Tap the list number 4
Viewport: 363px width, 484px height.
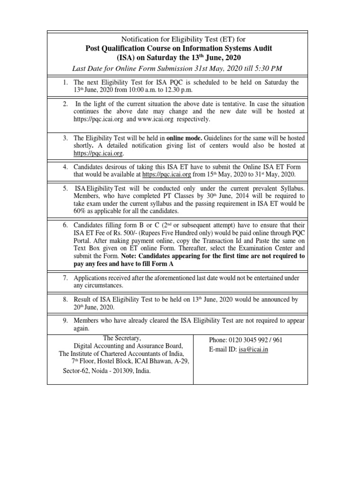click(x=66, y=167)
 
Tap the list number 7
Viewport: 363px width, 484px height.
click(x=66, y=278)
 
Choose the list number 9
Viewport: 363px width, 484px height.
click(x=66, y=320)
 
